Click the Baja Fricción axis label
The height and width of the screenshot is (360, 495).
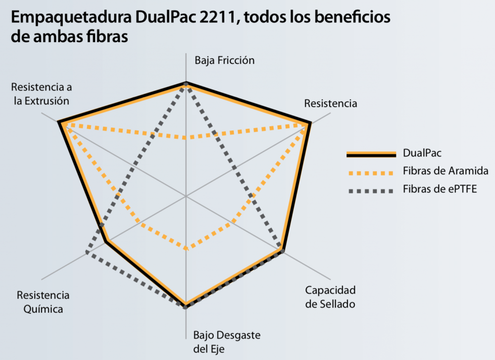point(224,60)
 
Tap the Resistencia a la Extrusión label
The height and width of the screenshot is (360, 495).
point(42,94)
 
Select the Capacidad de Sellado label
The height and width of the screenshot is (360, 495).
point(331,297)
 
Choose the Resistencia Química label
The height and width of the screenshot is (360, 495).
point(43,302)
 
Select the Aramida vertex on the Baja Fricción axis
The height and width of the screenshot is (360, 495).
point(186,138)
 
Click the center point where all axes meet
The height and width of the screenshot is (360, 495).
point(186,196)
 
